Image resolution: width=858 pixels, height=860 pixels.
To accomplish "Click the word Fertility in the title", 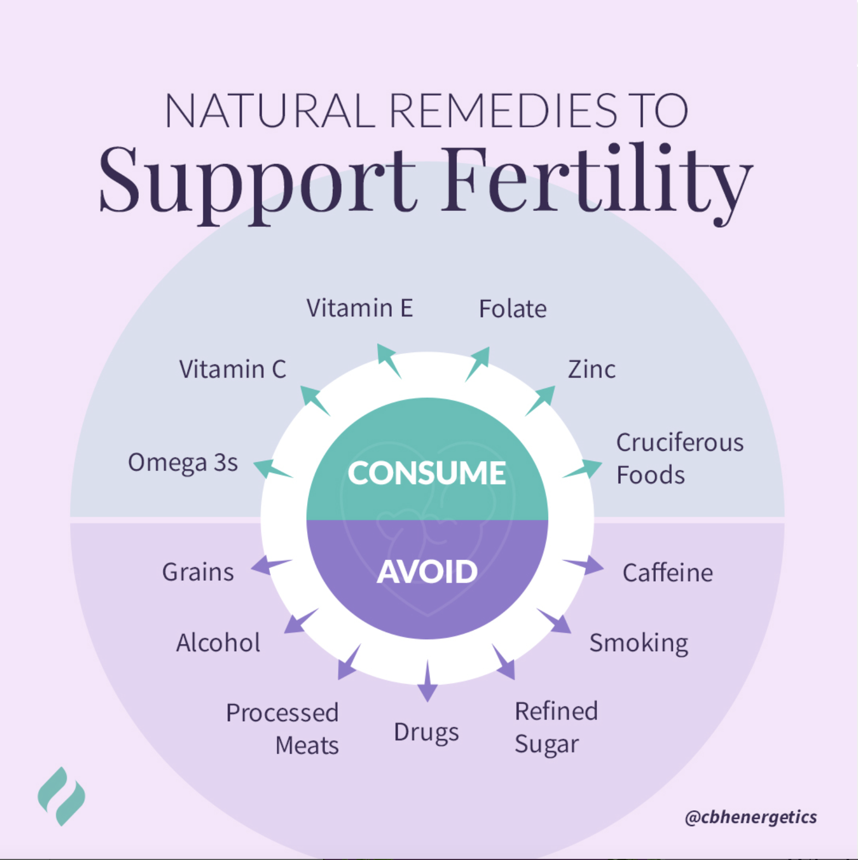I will (596, 180).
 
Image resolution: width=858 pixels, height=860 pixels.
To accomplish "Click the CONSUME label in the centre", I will (427, 473).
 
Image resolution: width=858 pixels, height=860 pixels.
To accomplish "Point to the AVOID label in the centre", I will (427, 572).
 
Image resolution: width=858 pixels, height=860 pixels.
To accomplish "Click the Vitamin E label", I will (359, 308).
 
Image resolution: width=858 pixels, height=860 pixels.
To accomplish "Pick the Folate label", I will (513, 309).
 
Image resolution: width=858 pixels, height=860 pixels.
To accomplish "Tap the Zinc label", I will (591, 369).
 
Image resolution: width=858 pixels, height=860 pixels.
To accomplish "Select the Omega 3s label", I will (183, 463).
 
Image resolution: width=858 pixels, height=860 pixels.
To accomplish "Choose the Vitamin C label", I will (232, 369).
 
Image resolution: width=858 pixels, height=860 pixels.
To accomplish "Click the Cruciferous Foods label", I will (679, 458).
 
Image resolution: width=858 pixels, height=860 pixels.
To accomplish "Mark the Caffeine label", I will (667, 573).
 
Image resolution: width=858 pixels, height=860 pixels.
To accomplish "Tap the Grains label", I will (198, 573).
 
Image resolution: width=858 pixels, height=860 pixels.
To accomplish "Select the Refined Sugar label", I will (556, 728).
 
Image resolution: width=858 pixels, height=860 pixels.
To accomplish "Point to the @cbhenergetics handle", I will (750, 817).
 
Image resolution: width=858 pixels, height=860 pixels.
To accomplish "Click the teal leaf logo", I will (61, 796).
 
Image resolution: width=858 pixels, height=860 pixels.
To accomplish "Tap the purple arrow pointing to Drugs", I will (427, 683).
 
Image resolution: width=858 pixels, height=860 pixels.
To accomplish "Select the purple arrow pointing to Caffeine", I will (585, 566).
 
